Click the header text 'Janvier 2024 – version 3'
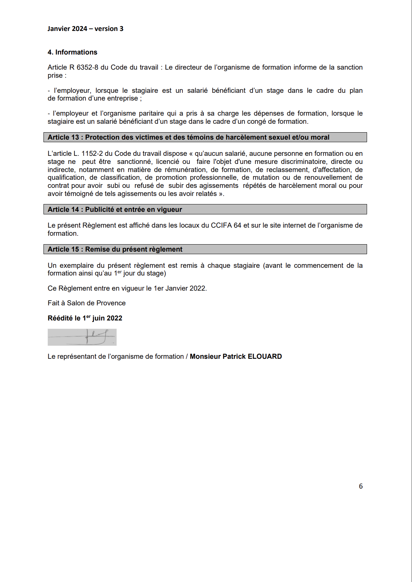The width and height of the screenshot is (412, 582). pyautogui.click(x=85, y=29)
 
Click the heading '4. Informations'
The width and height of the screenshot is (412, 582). pyautogui.click(x=72, y=52)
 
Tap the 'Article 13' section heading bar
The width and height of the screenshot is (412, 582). pyautogui.click(x=205, y=137)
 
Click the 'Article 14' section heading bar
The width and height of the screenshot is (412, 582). pyautogui.click(x=205, y=210)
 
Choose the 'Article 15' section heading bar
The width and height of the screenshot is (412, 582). pyautogui.click(x=205, y=249)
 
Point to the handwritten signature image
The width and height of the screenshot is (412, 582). pyautogui.click(x=82, y=337)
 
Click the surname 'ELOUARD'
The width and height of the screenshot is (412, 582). pyautogui.click(x=265, y=357)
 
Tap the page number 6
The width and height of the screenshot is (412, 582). pyautogui.click(x=361, y=486)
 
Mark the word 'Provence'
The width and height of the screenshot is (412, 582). pyautogui.click(x=111, y=303)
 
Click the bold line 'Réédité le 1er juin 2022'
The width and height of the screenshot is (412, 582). pyautogui.click(x=85, y=318)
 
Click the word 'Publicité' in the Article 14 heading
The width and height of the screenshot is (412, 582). pyautogui.click(x=100, y=210)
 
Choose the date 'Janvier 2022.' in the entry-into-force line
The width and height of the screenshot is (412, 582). pyautogui.click(x=186, y=288)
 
